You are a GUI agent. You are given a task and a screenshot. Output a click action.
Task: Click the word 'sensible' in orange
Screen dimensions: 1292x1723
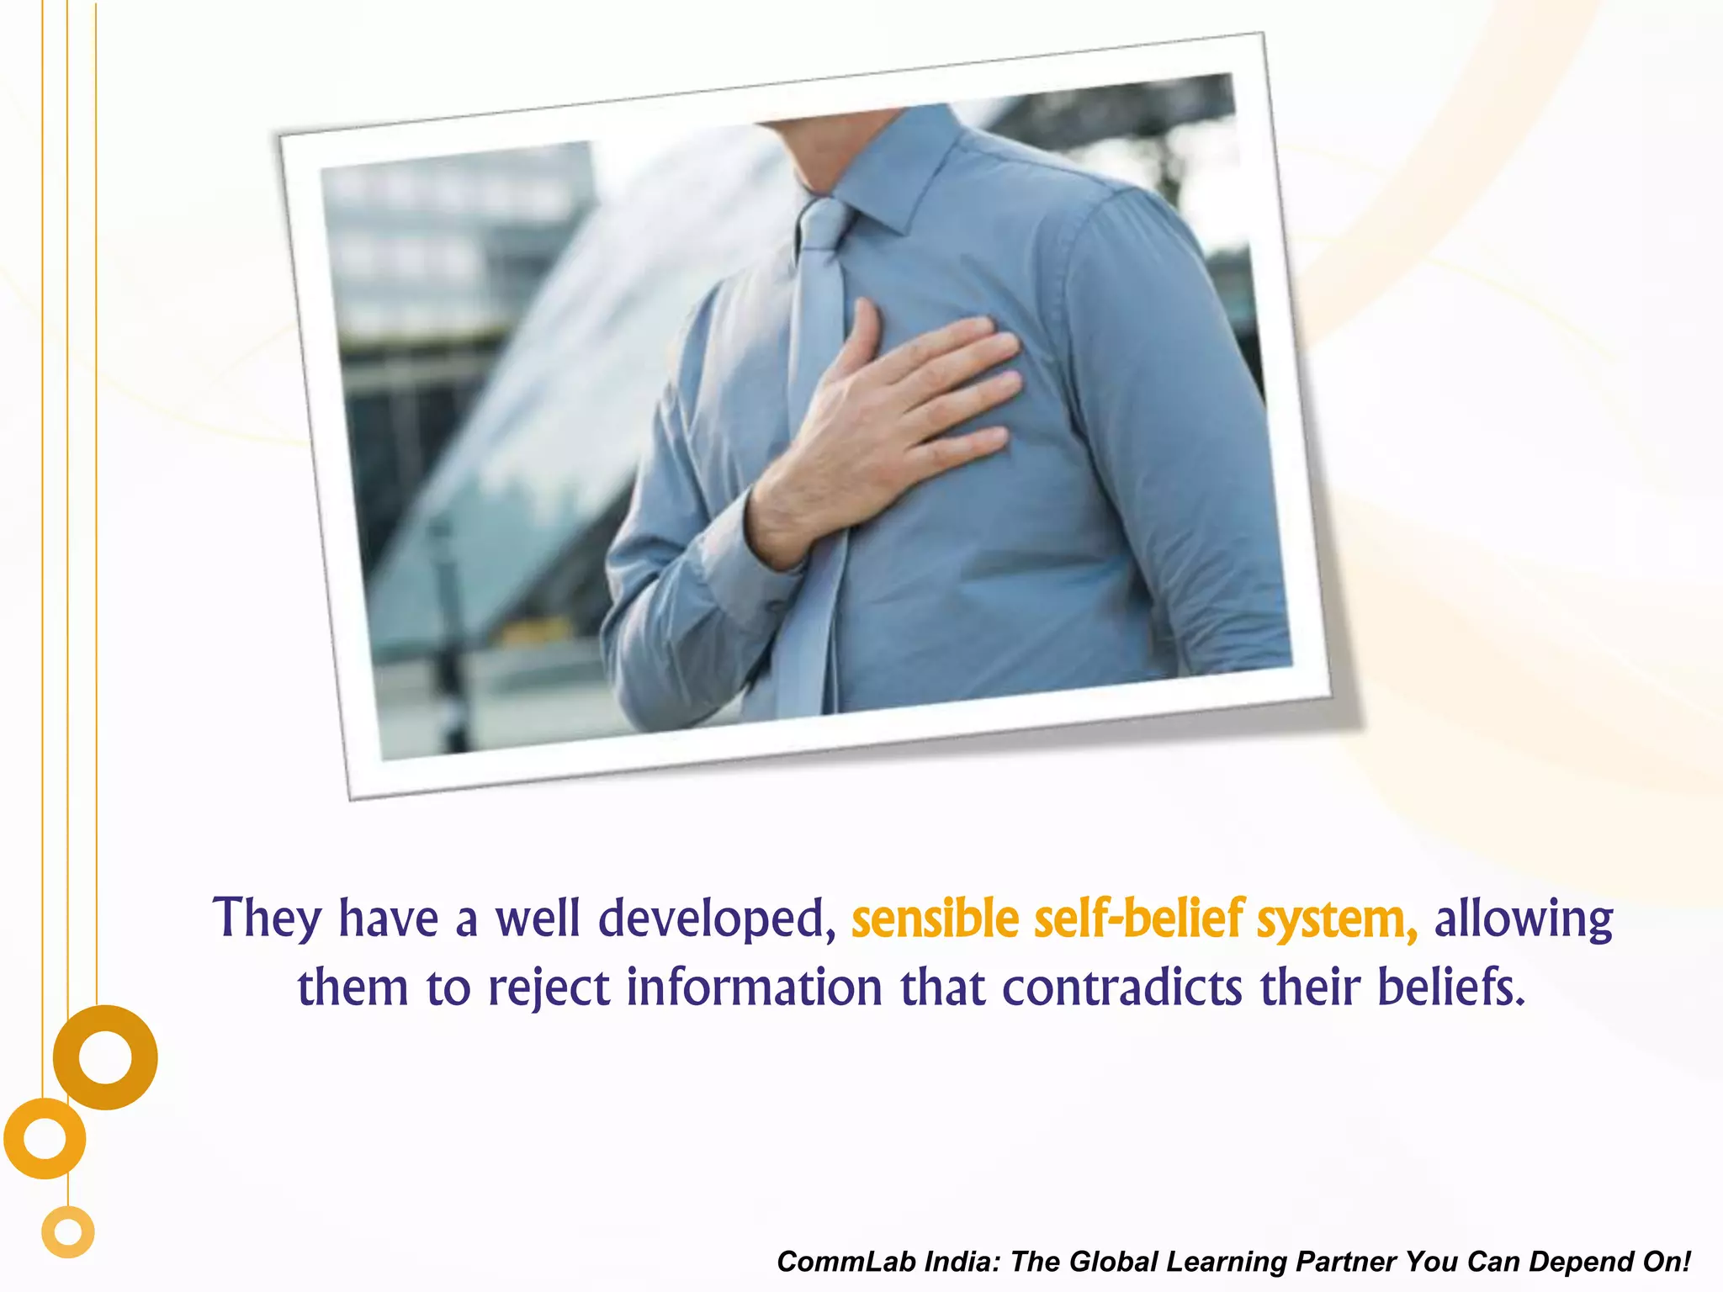click(935, 919)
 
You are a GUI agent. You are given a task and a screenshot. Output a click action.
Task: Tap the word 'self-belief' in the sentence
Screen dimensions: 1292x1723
click(1138, 919)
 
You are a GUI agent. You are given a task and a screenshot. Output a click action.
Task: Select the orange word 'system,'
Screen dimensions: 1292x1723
click(1337, 920)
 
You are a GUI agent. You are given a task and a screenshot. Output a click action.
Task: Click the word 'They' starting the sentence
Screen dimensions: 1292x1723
click(267, 919)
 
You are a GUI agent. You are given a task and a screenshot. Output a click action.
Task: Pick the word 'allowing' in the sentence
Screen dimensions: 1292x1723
click(1524, 920)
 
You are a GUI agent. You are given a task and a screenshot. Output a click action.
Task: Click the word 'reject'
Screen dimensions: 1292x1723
click(549, 989)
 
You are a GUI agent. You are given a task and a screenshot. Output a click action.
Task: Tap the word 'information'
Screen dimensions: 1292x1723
click(755, 988)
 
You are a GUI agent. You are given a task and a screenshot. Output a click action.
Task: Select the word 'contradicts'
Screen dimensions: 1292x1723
click(1121, 988)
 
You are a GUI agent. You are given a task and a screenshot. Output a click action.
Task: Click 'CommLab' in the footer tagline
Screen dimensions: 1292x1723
click(845, 1262)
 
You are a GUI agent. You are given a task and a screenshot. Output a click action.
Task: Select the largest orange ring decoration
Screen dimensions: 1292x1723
click(105, 1057)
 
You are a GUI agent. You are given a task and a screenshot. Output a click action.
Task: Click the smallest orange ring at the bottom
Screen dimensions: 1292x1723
click(68, 1232)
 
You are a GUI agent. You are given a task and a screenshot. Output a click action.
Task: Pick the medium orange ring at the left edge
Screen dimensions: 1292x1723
click(45, 1138)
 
